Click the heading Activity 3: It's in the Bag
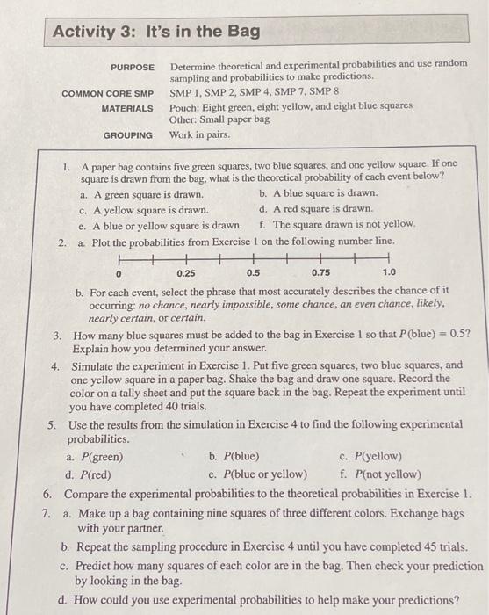[x=156, y=32]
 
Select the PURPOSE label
[x=132, y=67]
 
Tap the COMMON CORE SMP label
[x=107, y=93]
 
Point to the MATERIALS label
[x=126, y=108]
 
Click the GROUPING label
[x=128, y=135]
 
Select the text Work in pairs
[x=200, y=135]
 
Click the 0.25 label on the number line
[x=186, y=273]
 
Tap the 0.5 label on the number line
[x=253, y=273]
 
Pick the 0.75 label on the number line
[x=320, y=273]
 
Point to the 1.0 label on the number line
[x=388, y=273]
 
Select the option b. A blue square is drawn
[x=319, y=193]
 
